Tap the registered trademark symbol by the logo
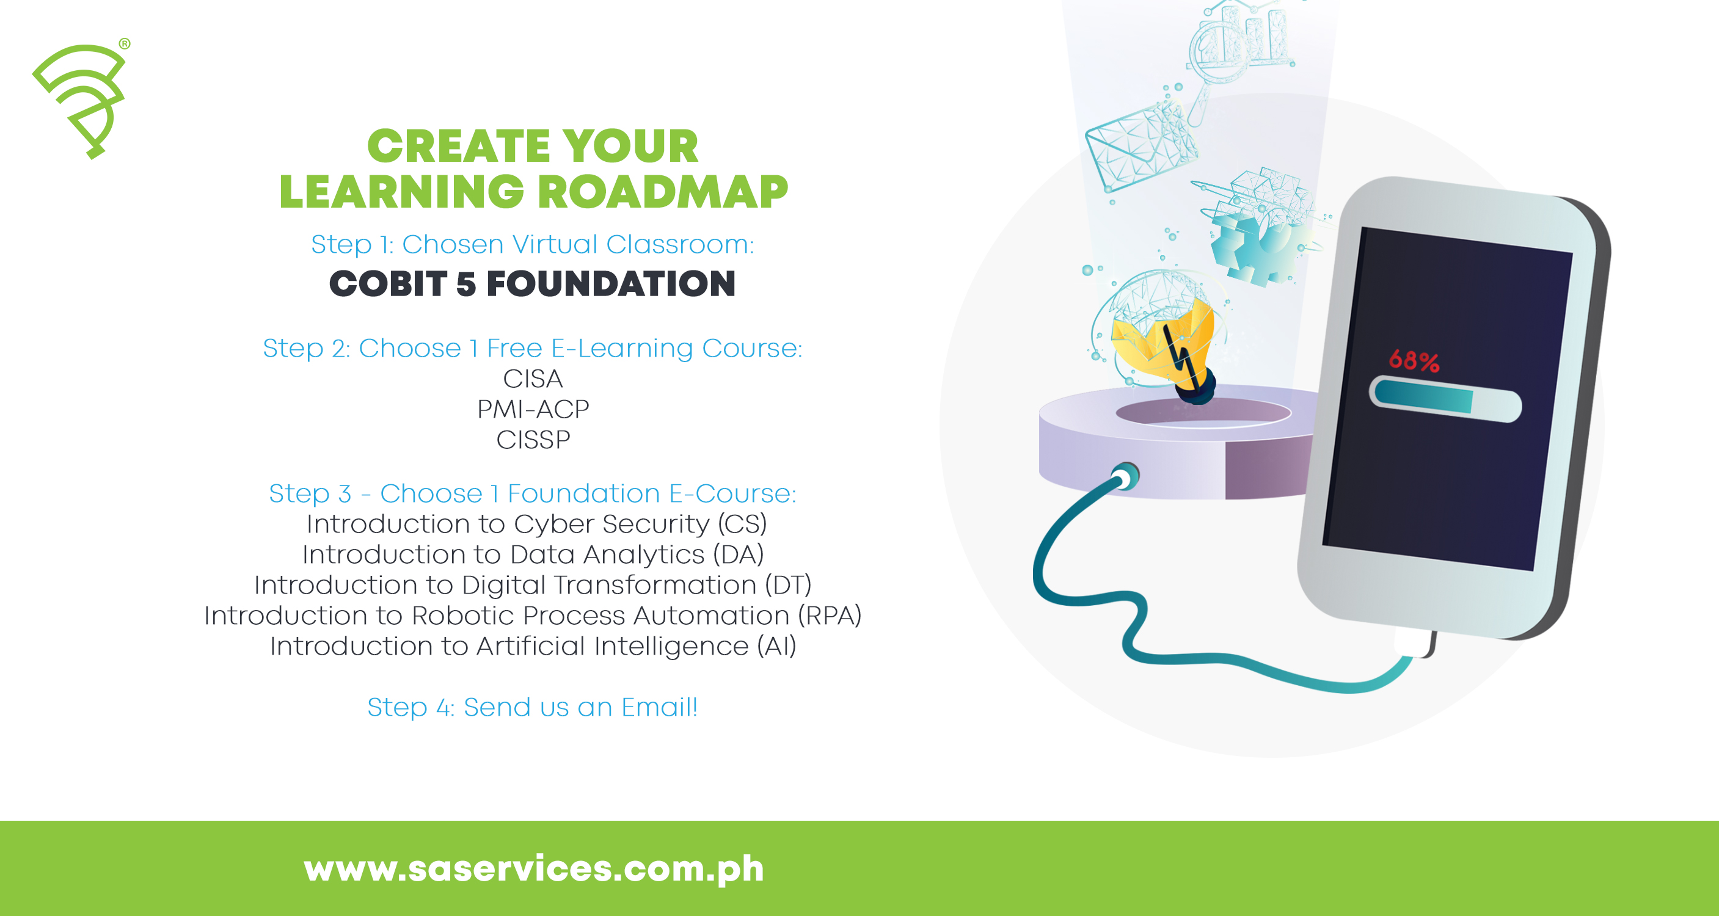[x=125, y=44]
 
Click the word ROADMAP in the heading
[x=663, y=192]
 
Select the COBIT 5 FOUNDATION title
[x=533, y=283]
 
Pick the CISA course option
[x=533, y=379]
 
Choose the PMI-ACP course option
[x=533, y=409]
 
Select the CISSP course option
[x=533, y=440]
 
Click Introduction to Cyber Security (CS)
[x=536, y=525]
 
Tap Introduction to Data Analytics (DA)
[x=533, y=554]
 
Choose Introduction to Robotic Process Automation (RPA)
[x=533, y=616]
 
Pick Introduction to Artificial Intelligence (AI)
[x=533, y=646]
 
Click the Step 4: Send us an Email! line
[x=533, y=707]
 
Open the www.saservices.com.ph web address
[x=533, y=868]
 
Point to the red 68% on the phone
[x=1414, y=361]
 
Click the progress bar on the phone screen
[x=1445, y=399]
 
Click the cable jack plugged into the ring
[x=1126, y=476]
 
